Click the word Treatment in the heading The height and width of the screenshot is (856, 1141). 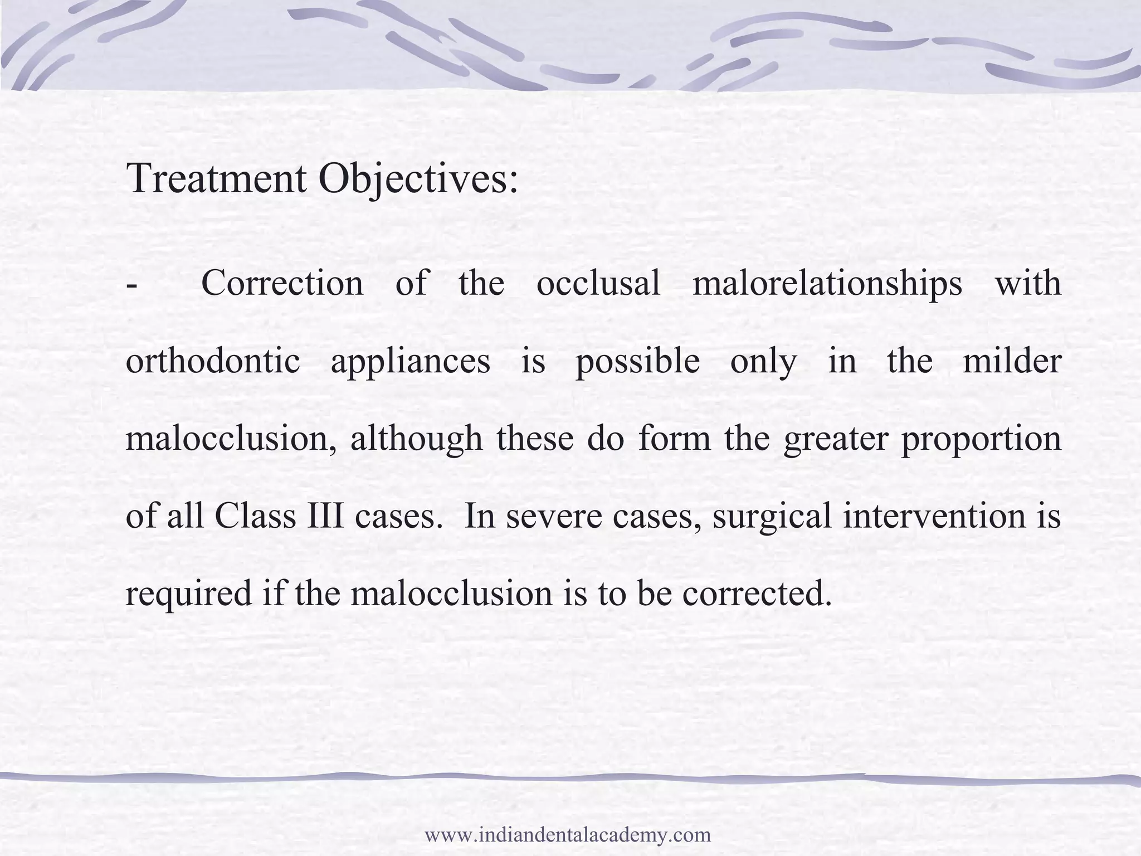[216, 178]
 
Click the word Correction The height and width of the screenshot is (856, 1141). [282, 283]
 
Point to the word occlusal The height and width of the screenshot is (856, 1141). [598, 283]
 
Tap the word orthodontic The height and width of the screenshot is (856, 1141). [213, 361]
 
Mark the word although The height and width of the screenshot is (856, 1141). [416, 439]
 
